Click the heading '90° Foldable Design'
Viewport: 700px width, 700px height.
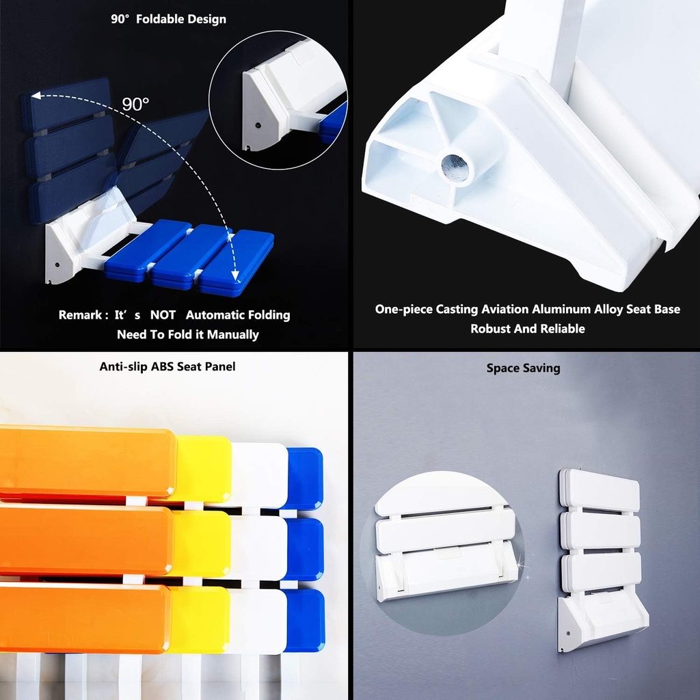pyautogui.click(x=168, y=19)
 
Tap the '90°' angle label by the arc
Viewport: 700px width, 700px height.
pyautogui.click(x=135, y=104)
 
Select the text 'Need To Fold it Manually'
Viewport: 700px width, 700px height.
pyautogui.click(x=188, y=334)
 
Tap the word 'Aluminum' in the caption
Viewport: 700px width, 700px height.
pyautogui.click(x=562, y=309)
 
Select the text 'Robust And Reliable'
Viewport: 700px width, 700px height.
pyautogui.click(x=527, y=328)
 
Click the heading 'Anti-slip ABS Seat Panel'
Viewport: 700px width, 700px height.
pyautogui.click(x=167, y=366)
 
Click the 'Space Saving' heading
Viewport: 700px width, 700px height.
pyautogui.click(x=523, y=368)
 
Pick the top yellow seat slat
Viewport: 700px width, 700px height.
pyautogui.click(x=203, y=468)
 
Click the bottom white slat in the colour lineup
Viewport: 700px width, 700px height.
pyautogui.click(x=258, y=619)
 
